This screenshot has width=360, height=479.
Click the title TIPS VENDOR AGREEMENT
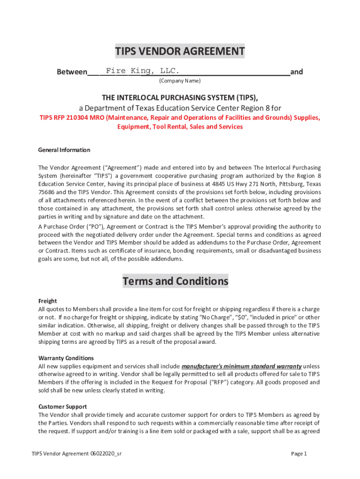(180, 51)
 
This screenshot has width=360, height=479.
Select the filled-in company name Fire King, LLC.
(142, 71)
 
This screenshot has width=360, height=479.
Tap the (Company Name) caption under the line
(180, 81)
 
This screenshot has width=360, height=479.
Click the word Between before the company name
(72, 72)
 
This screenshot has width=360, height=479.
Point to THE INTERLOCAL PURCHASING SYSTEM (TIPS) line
(180, 97)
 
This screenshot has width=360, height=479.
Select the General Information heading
(64, 150)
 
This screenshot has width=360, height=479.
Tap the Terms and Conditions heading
(175, 281)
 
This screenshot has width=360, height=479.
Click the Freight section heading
(48, 301)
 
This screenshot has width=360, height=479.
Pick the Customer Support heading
(63, 406)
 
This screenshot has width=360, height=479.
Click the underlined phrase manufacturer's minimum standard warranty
(241, 366)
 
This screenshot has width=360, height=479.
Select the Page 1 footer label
(298, 453)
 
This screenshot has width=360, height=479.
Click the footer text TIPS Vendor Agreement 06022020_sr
(77, 453)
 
